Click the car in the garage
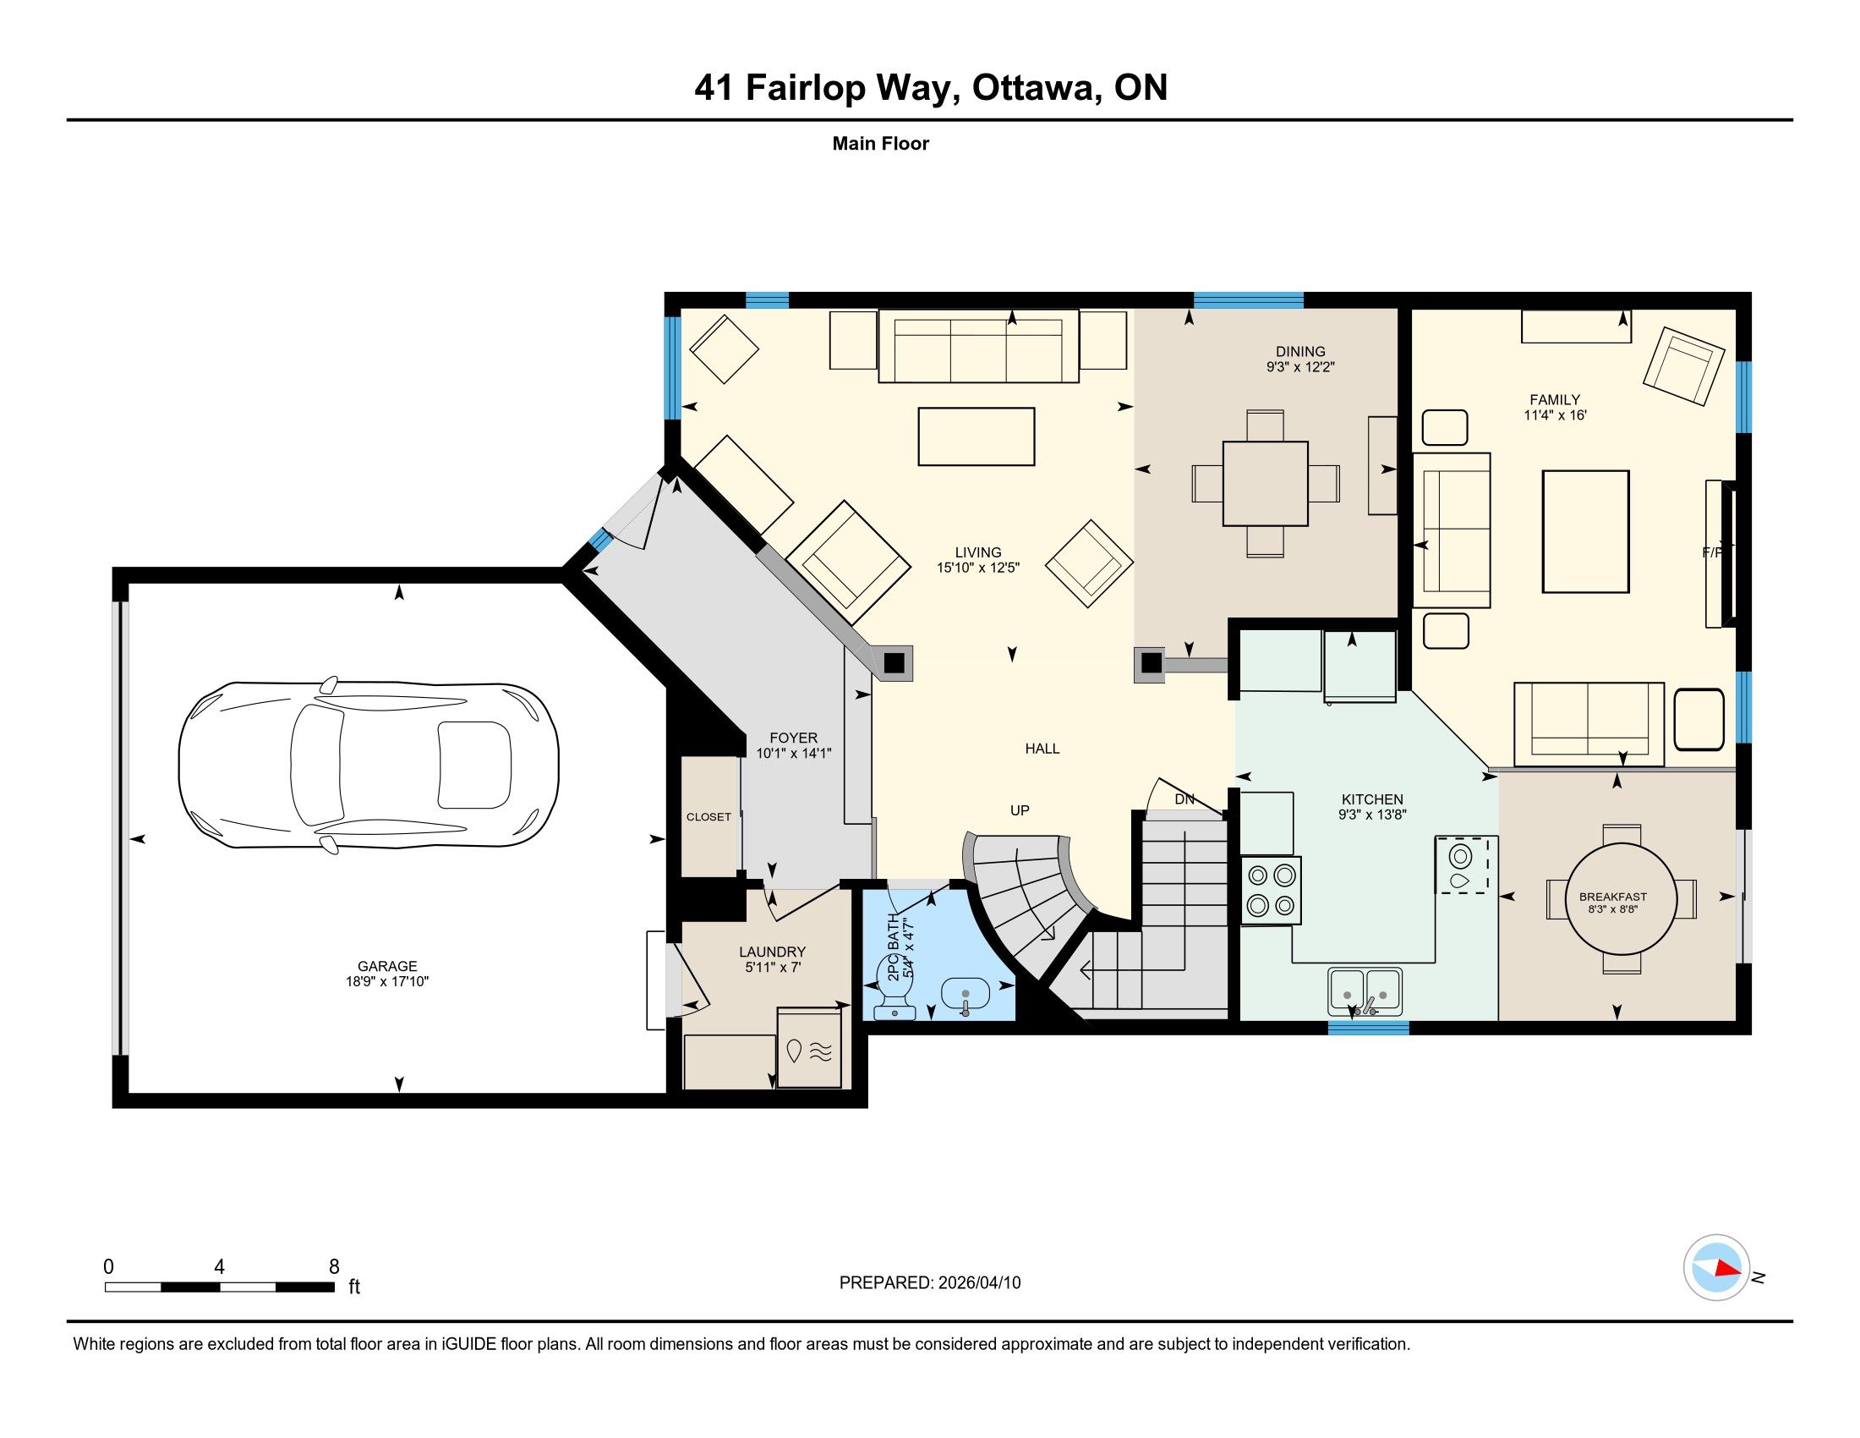pos(369,765)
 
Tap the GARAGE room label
pos(387,966)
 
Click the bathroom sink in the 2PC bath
pos(966,996)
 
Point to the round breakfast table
pos(1622,897)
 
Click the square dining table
pos(1265,483)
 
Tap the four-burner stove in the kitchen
pos(1272,891)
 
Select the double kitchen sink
pos(1366,991)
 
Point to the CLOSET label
pos(708,817)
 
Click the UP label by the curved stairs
pos(1020,810)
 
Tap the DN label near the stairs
pos(1184,799)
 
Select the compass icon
pos(1716,1267)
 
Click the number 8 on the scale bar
pos(334,1266)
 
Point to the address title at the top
pos(930,87)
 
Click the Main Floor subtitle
pos(881,143)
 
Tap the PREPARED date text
pos(930,1282)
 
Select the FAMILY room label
pos(1554,399)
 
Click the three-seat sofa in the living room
pos(978,345)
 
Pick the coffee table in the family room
pos(1586,531)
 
